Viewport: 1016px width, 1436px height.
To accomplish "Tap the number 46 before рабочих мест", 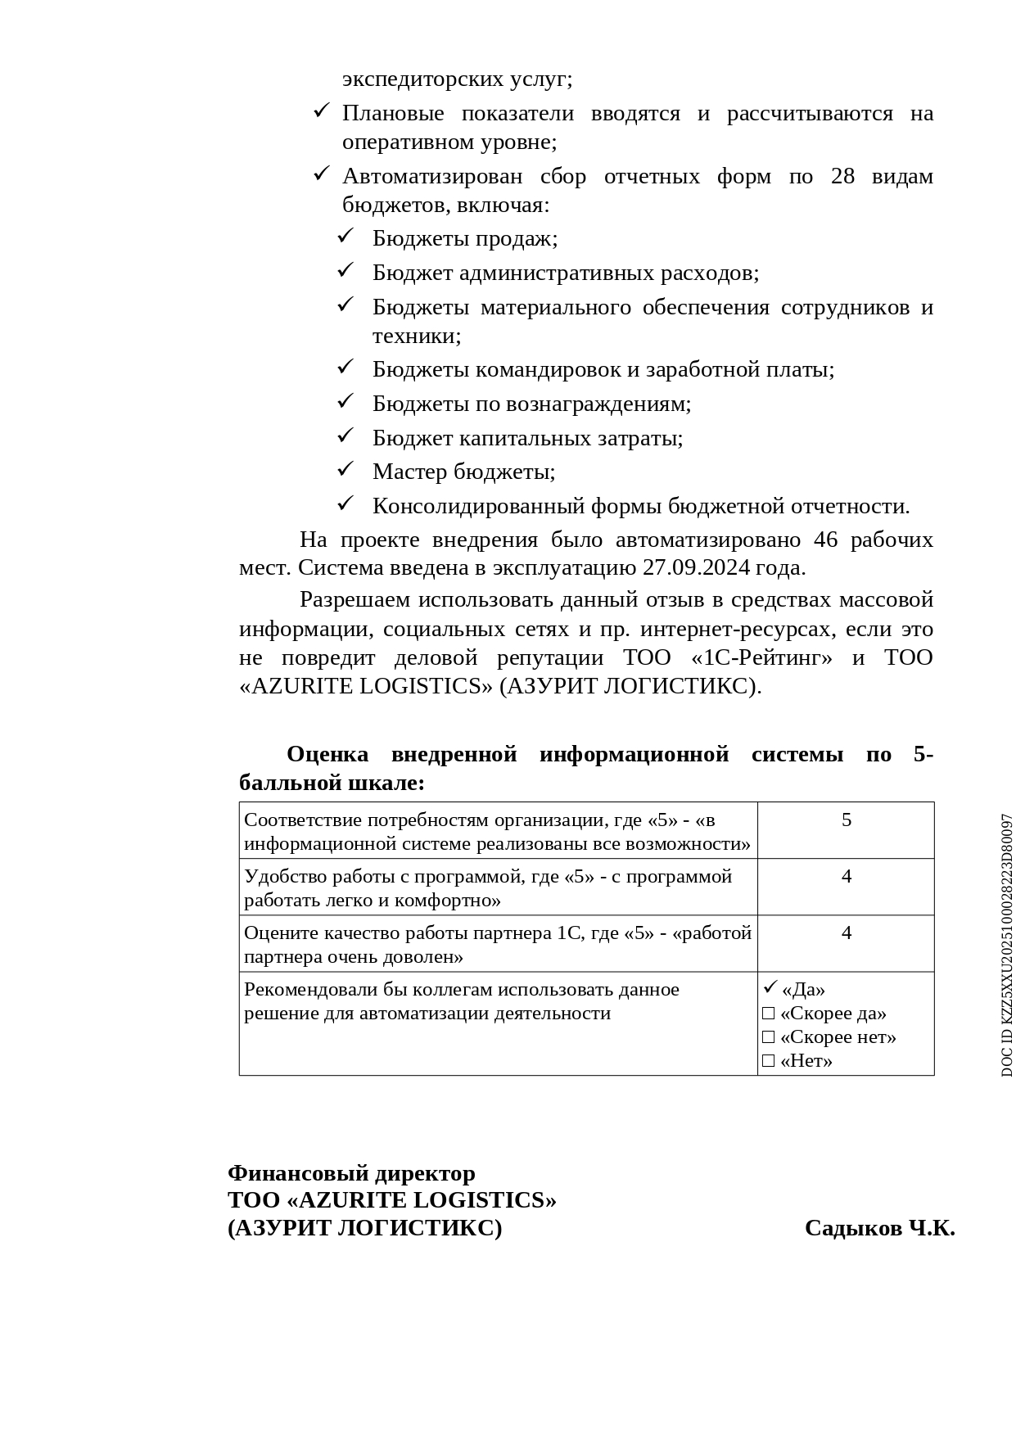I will point(826,540).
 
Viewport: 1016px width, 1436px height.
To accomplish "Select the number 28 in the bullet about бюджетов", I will point(842,177).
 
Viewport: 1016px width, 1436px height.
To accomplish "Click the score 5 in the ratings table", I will point(847,820).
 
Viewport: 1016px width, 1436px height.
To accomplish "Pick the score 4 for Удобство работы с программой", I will point(847,876).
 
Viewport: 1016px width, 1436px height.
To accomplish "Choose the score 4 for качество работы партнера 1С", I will point(847,932).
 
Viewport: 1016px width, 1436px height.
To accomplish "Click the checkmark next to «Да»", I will point(770,987).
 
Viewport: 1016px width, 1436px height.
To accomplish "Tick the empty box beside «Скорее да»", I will point(768,1014).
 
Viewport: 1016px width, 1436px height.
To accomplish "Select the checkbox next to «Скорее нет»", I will point(768,1037).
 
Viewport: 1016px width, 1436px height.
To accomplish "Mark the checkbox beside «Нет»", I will point(768,1061).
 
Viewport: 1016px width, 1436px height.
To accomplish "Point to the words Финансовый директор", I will point(351,1173).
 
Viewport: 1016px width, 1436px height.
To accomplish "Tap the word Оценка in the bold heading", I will point(327,754).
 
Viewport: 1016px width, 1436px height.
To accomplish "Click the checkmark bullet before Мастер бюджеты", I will point(345,469).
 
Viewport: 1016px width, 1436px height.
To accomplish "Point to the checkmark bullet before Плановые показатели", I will point(322,111).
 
